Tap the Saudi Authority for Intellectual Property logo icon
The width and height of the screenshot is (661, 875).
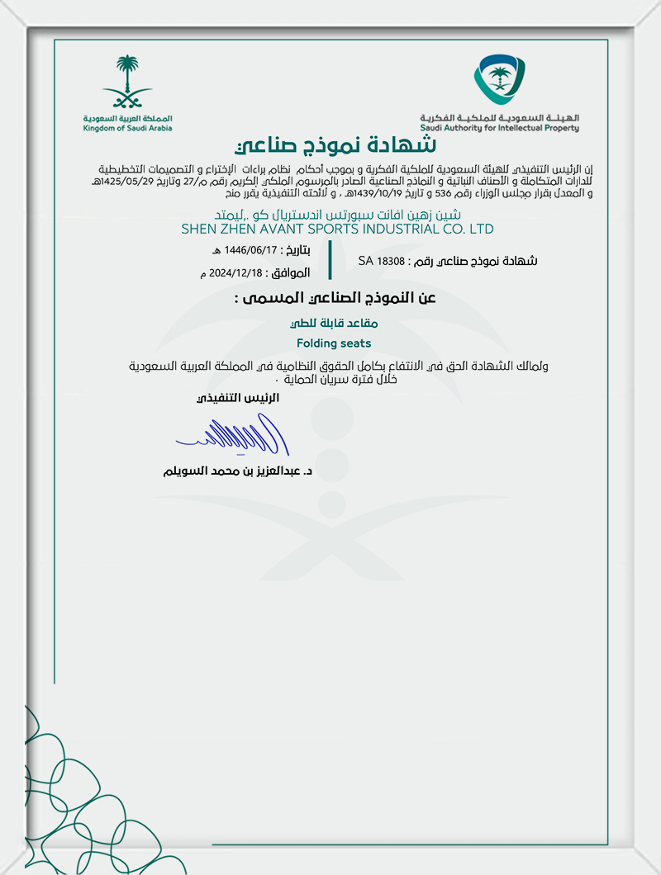pyautogui.click(x=498, y=81)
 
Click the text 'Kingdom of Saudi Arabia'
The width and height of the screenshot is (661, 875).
pyautogui.click(x=127, y=130)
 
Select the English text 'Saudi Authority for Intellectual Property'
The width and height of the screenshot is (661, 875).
pyautogui.click(x=499, y=128)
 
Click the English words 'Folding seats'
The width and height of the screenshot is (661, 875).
pyautogui.click(x=334, y=343)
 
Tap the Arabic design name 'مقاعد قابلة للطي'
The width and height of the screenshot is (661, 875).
pyautogui.click(x=334, y=324)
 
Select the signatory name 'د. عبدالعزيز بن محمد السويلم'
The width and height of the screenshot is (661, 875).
pyautogui.click(x=239, y=472)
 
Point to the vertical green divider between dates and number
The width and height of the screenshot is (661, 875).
pyautogui.click(x=330, y=260)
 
